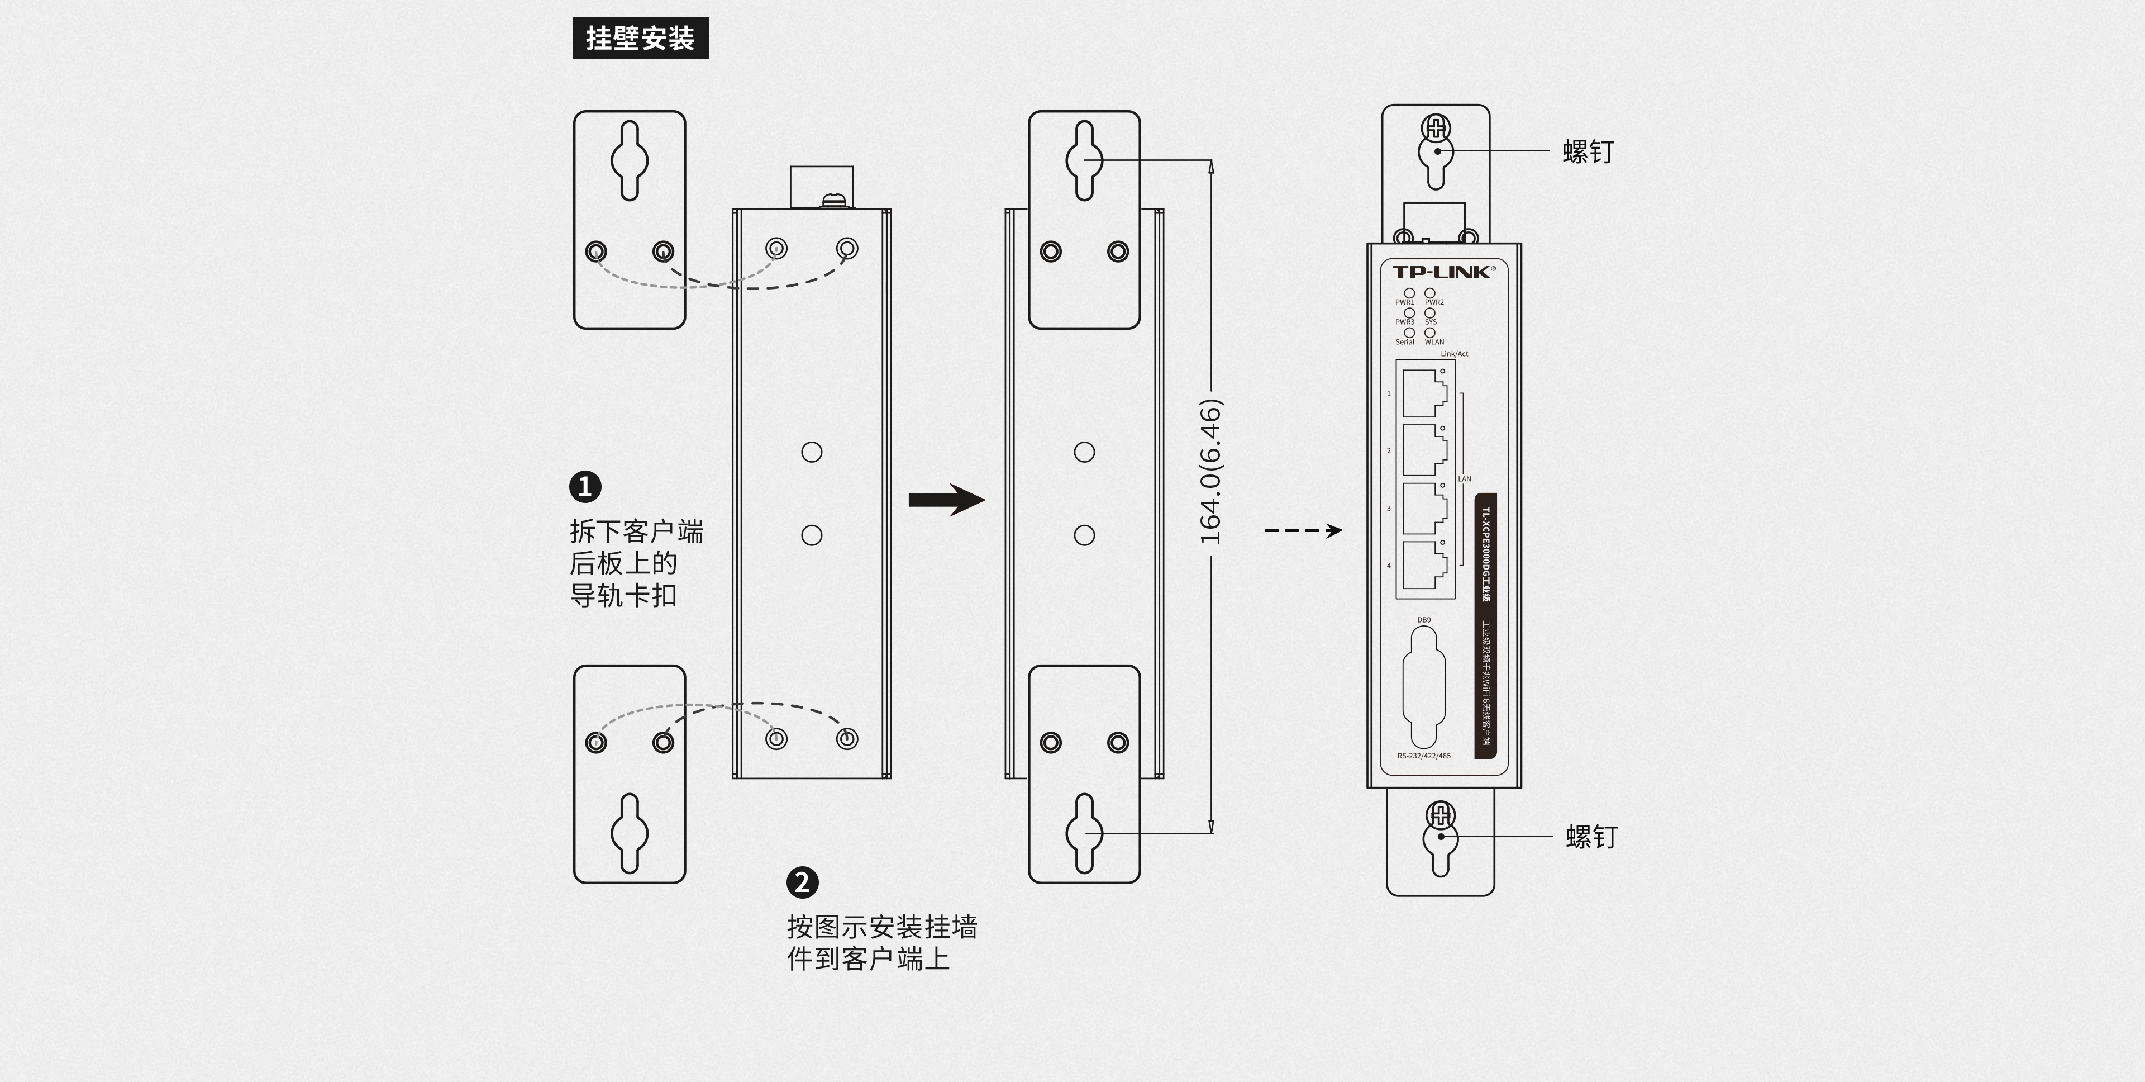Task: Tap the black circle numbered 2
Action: (802, 882)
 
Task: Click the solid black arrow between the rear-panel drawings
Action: (947, 500)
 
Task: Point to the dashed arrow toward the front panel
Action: (1303, 530)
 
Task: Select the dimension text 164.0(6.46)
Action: (1210, 472)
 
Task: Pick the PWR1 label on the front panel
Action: (1405, 302)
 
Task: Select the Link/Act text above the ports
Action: (1455, 354)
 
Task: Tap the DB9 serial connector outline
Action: (1424, 687)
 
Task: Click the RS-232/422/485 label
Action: (1424, 756)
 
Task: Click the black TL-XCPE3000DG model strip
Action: (1485, 625)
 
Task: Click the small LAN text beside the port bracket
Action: (1465, 479)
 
